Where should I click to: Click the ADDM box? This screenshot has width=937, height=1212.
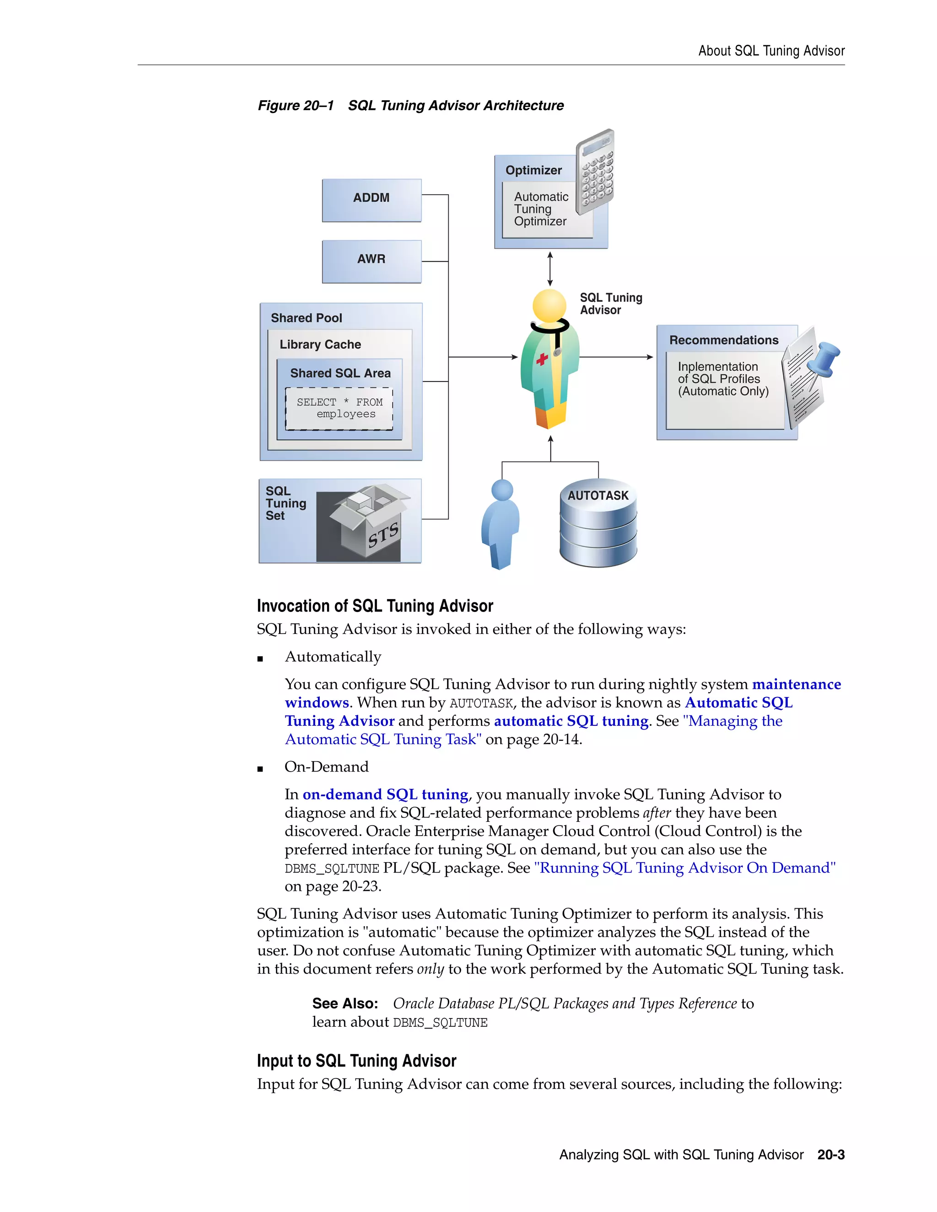372,200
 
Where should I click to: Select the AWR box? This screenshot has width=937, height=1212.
372,261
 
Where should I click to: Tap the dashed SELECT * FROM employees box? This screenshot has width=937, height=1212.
339,408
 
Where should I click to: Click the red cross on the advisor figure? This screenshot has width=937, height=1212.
542,359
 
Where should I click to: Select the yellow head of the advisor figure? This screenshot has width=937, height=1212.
549,305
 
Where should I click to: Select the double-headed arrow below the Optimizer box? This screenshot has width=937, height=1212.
549,269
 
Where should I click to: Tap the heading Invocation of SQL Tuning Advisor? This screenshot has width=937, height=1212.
375,606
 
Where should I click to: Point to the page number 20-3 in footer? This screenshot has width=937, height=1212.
830,1155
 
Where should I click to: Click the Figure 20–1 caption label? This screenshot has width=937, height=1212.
296,106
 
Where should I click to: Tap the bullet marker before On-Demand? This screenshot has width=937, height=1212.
260,769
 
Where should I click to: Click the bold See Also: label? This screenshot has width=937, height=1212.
345,1003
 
